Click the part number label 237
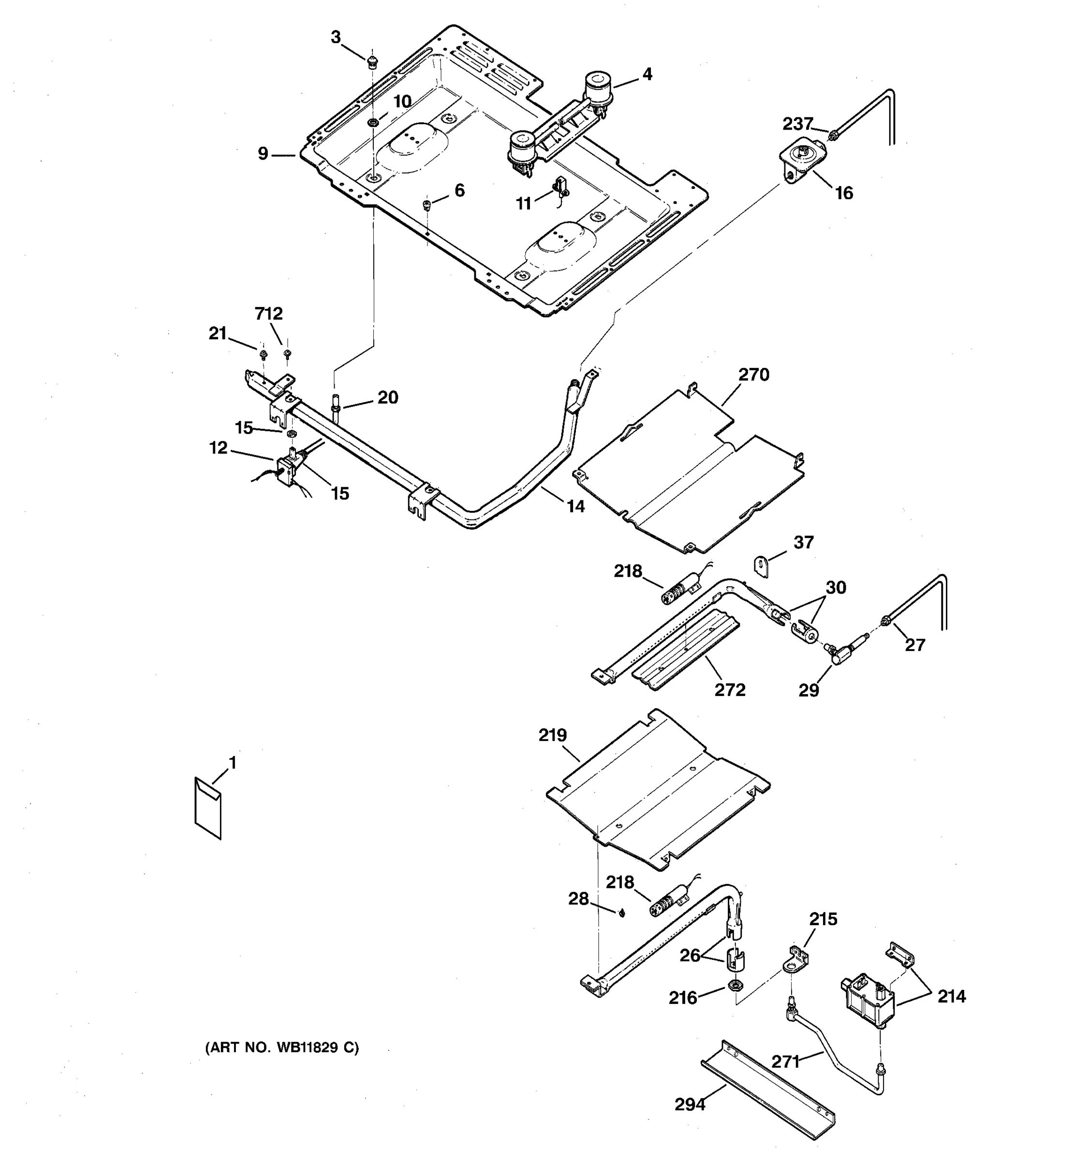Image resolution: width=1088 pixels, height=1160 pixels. click(797, 124)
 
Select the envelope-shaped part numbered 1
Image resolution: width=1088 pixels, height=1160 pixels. click(208, 808)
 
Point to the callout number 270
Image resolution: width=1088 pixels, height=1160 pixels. click(753, 375)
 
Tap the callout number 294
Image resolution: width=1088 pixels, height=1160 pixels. click(690, 1104)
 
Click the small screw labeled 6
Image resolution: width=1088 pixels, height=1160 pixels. click(426, 204)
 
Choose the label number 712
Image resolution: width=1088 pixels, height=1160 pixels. click(268, 314)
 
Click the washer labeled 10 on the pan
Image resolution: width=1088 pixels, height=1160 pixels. click(372, 122)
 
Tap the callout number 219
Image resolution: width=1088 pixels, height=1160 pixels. click(552, 735)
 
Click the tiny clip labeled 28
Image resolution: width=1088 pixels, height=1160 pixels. click(622, 913)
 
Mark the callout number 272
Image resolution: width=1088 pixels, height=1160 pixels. click(730, 690)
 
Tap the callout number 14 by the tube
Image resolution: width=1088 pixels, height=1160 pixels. click(575, 507)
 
